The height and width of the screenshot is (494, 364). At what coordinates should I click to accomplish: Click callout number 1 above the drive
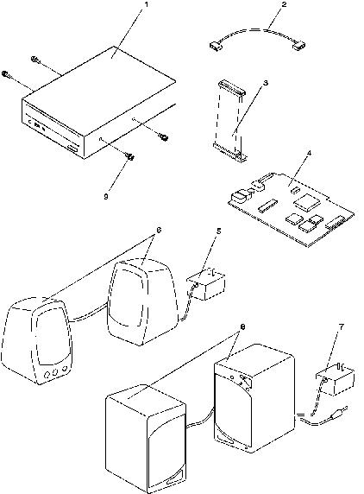pos(146,5)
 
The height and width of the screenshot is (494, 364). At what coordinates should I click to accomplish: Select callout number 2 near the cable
pos(284,4)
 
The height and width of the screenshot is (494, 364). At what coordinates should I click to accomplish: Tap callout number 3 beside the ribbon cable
pos(266,83)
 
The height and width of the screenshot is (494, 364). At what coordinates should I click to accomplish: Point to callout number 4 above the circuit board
pos(309,153)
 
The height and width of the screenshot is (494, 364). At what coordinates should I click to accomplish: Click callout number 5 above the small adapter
pos(218,231)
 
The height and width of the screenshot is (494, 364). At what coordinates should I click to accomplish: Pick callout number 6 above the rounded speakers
pos(159,230)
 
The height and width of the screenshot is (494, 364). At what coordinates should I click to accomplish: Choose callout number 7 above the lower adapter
pos(342,327)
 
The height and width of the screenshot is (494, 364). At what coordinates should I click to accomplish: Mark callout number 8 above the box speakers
pos(242,327)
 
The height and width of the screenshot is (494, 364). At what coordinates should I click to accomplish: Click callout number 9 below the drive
pos(106,196)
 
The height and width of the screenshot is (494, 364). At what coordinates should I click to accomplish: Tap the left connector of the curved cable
pos(216,47)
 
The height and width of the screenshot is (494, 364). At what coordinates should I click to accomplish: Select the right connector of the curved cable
pos(299,46)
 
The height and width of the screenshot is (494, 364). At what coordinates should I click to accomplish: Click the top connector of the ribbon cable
pos(231,87)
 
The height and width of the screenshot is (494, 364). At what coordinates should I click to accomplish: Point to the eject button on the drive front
pos(73,149)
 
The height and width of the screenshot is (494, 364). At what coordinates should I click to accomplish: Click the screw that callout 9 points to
pos(129,155)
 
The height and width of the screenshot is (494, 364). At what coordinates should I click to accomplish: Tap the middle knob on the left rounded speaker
pos(55,373)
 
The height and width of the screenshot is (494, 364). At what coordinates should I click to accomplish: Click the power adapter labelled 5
pos(206,284)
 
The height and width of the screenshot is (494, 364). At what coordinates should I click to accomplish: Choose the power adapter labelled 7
pos(336,380)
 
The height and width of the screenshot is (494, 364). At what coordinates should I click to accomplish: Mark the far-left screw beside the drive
pos(6,74)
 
